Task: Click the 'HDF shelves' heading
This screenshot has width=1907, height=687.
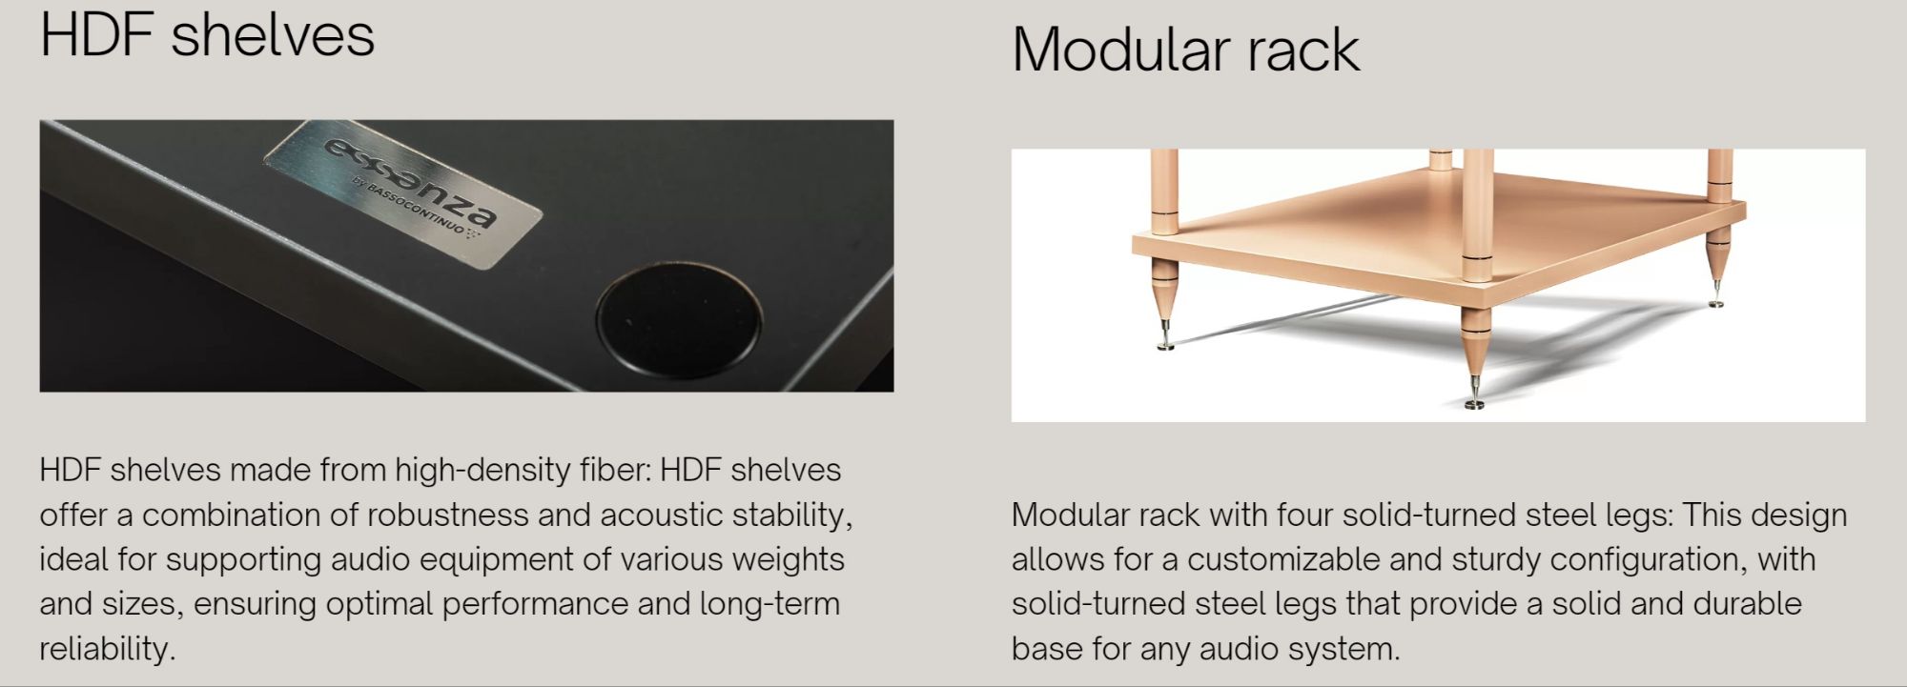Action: click(207, 35)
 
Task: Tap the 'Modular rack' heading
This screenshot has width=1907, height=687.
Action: click(1185, 49)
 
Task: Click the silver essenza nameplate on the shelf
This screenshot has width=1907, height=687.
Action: click(403, 194)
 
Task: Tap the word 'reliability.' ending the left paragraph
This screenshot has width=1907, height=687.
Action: click(108, 649)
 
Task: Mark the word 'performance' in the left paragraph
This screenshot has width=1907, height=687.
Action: click(537, 604)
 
